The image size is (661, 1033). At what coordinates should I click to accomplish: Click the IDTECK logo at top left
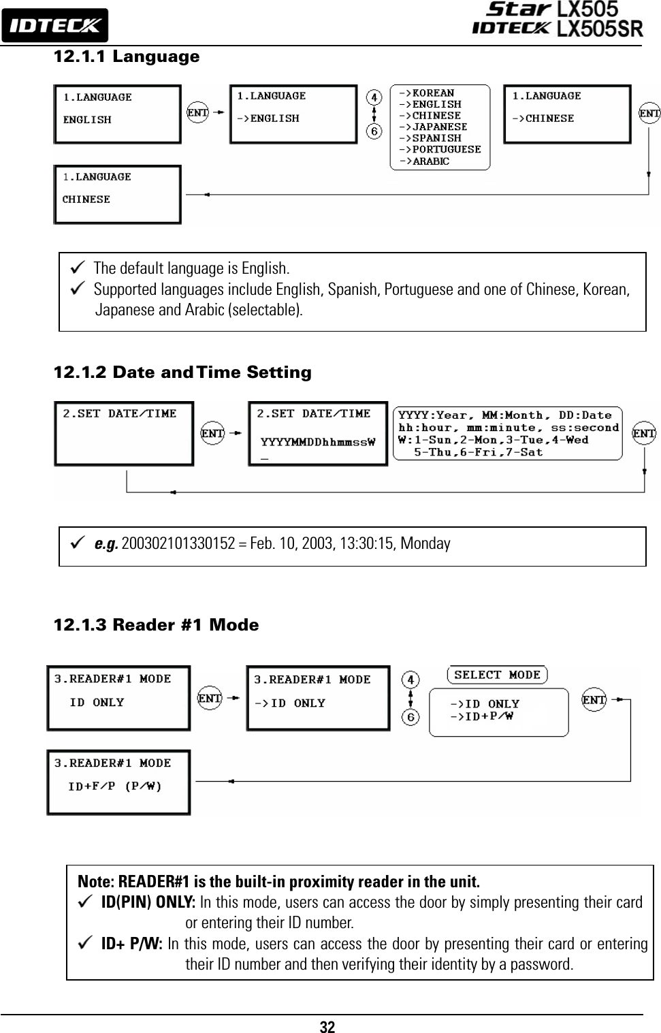click(x=54, y=26)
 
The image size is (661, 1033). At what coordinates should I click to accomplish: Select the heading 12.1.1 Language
click(x=127, y=57)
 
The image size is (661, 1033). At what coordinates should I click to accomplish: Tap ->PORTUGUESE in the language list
click(x=440, y=150)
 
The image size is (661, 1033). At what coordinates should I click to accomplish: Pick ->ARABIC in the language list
click(x=424, y=161)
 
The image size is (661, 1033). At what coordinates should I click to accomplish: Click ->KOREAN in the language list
click(x=427, y=93)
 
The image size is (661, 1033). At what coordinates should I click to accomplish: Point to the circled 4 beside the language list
click(x=374, y=97)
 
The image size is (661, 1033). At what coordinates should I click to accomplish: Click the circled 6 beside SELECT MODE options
click(x=410, y=717)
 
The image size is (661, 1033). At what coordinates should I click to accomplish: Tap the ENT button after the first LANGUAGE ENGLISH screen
click(x=197, y=112)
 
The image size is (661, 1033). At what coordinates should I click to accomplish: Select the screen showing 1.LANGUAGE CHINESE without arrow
click(x=118, y=195)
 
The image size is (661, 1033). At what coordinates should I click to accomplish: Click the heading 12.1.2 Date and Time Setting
click(x=182, y=372)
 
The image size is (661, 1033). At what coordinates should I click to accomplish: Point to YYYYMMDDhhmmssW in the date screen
click(x=318, y=442)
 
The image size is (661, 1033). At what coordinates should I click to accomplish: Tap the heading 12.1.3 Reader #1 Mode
click(x=156, y=625)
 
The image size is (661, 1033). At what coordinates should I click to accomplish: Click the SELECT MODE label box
click(x=497, y=675)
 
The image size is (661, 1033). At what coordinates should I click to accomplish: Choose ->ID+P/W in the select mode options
click(x=482, y=716)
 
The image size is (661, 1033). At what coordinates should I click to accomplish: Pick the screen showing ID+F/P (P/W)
click(x=118, y=782)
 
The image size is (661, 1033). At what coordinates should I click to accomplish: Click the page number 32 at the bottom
click(x=327, y=1027)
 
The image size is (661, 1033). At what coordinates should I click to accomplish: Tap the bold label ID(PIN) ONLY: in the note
click(x=148, y=902)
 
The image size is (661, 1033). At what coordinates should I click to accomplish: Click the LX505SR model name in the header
click(x=600, y=29)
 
